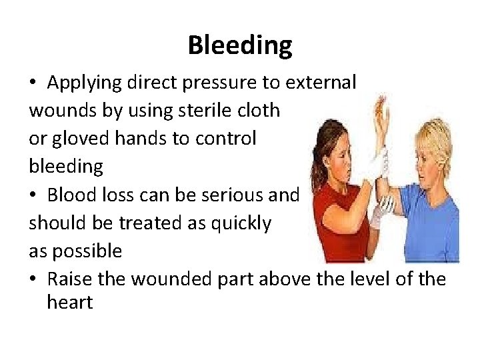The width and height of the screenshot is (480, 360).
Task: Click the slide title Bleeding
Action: pos(239,46)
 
